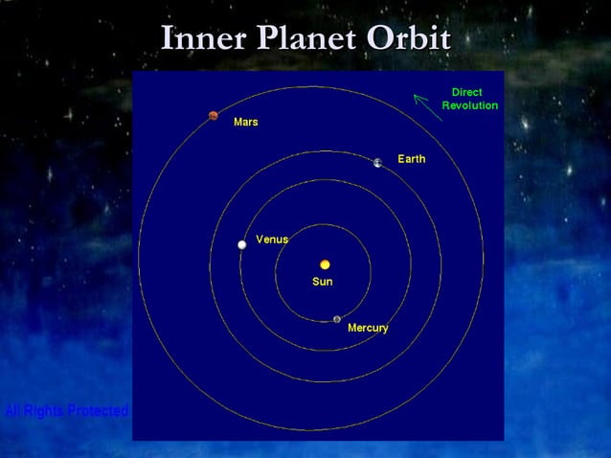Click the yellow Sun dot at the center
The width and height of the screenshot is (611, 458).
325,263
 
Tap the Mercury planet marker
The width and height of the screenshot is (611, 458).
337,319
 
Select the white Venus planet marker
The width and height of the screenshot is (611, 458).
242,245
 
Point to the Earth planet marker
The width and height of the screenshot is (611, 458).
378,163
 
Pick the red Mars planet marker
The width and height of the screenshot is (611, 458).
214,116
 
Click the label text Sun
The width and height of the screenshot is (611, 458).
323,282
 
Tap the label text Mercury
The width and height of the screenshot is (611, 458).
368,328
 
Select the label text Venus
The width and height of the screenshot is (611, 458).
272,239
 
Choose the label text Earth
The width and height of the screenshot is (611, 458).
412,159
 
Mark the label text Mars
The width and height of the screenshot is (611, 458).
245,123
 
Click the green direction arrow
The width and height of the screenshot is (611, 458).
427,106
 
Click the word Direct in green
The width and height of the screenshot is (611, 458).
466,92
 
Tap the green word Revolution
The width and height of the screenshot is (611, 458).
469,105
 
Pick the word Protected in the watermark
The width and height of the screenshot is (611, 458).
100,411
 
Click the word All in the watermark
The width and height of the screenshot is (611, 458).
13,411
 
